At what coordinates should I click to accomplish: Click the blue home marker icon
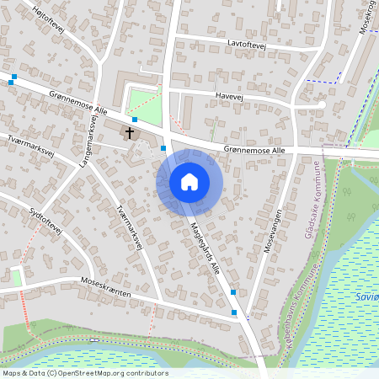[x=189, y=181]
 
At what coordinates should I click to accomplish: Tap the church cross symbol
[x=131, y=132]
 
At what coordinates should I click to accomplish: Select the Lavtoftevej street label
[x=246, y=42]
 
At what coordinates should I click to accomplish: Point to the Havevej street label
[x=228, y=97]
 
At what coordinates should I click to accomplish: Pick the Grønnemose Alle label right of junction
[x=256, y=149]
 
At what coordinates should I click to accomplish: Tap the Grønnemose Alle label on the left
[x=78, y=104]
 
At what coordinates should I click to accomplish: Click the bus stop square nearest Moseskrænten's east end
[x=235, y=312]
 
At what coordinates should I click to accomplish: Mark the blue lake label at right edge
[x=366, y=296]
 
